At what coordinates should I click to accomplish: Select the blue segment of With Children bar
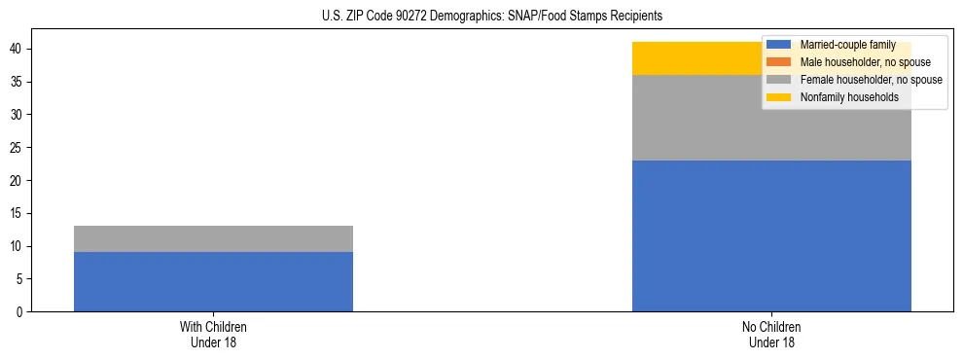[x=213, y=281]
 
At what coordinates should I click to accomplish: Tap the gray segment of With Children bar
[x=213, y=238]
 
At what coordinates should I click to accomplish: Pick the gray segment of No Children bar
[x=681, y=118]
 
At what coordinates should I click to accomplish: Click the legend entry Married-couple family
[x=847, y=45]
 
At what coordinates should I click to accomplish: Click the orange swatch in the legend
[x=779, y=62]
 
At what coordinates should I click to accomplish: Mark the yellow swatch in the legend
[x=779, y=97]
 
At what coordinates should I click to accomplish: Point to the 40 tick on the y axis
[x=18, y=49]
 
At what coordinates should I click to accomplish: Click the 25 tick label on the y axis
[x=18, y=148]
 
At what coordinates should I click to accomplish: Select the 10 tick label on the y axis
[x=18, y=246]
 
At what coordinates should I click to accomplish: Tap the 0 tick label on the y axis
[x=20, y=312]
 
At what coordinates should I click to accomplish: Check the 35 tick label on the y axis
[x=18, y=82]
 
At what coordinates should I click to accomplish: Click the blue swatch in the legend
[x=779, y=45]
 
